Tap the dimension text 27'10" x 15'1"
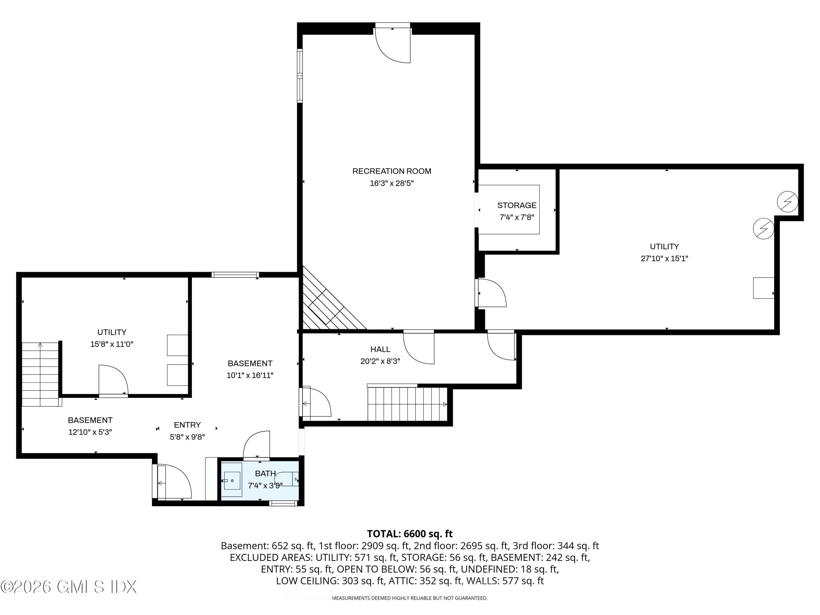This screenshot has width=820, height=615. pos(664,258)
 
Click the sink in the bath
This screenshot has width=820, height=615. pos(232,481)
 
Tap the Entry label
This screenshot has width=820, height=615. pos(187,425)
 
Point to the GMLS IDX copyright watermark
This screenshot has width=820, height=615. pos(69,587)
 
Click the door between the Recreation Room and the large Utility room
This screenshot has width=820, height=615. pos(491,293)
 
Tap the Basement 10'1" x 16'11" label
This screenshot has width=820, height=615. pos(250,363)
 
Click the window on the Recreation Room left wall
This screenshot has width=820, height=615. pos(300,76)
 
